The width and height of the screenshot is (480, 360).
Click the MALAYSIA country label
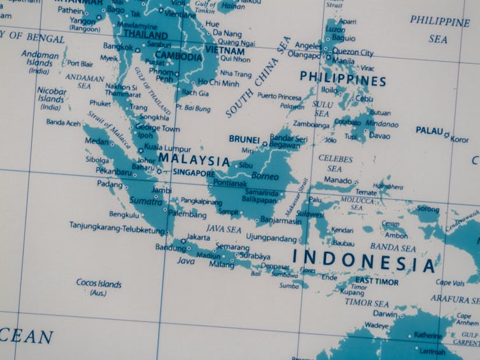click(194, 160)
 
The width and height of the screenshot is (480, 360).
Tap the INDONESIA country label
click(364, 260)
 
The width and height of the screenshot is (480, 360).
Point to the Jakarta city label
click(198, 237)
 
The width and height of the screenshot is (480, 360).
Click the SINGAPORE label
click(194, 173)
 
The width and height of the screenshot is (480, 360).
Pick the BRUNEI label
click(244, 139)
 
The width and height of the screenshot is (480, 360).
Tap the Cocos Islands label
click(99, 283)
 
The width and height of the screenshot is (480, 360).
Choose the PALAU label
click(429, 130)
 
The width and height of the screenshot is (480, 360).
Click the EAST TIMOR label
click(377, 281)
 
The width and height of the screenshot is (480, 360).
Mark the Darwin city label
click(385, 314)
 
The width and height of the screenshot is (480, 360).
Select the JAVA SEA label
click(223, 228)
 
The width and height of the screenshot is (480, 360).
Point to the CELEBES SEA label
click(335, 163)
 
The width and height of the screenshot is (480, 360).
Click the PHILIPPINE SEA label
click(439, 29)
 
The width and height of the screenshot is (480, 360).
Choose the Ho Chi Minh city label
click(218, 83)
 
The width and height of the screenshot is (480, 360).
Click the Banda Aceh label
click(63, 122)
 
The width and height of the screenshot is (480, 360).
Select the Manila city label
click(343, 61)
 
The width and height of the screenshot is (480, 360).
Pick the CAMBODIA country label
click(178, 56)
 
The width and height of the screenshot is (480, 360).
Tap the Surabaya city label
click(255, 256)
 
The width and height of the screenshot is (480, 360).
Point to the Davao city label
click(379, 135)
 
